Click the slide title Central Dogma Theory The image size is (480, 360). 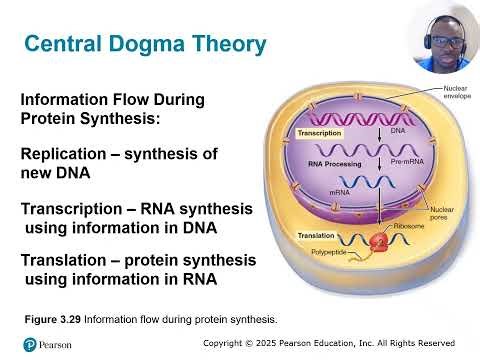[145, 45]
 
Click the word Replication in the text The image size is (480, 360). [65, 156]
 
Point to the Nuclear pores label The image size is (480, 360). [442, 215]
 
